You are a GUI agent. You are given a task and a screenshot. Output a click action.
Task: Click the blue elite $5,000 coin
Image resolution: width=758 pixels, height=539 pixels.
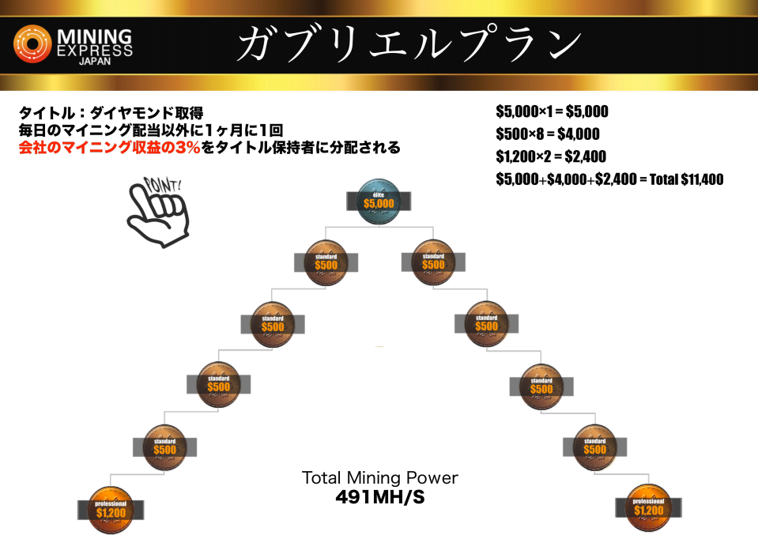coord(379,201)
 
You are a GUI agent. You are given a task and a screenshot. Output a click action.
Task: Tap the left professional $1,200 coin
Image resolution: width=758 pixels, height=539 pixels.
coord(111,510)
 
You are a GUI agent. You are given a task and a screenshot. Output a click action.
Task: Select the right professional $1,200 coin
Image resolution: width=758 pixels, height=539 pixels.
coord(648,507)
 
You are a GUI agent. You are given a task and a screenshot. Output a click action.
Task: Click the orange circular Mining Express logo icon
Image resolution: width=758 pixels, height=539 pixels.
coord(32,44)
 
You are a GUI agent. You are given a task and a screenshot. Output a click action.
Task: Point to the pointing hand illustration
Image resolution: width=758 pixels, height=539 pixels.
coord(157,213)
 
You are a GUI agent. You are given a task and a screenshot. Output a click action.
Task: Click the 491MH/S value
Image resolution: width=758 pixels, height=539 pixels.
coord(380,497)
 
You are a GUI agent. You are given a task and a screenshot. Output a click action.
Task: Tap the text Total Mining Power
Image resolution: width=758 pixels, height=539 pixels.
coord(380,477)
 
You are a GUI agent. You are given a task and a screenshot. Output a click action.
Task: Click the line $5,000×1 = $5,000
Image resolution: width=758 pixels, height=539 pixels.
coord(552,111)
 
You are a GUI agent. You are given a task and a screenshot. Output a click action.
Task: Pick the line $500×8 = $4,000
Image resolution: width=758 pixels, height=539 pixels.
coord(548,134)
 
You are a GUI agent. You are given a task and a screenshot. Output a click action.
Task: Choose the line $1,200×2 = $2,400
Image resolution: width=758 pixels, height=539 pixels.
coord(551,156)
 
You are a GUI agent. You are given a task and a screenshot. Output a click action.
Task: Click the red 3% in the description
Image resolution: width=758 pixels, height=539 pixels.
coord(188,148)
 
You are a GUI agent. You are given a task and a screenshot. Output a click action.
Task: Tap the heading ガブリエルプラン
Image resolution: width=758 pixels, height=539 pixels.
coord(409,43)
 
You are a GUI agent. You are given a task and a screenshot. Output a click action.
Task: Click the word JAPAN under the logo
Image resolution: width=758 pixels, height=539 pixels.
coord(95,62)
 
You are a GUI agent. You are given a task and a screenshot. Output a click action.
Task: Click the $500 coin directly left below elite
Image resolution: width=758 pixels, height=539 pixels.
coord(326,262)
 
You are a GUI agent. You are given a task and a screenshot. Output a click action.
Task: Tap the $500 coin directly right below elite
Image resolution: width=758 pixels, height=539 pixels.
coord(433,262)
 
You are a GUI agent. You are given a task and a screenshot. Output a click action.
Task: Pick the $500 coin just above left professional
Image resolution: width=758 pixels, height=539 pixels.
coord(165,447)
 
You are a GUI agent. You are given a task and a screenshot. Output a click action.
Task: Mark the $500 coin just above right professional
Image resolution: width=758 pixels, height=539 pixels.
coord(594,447)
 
